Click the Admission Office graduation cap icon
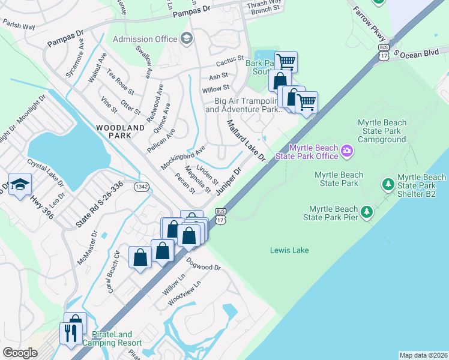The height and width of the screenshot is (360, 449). point(187,39)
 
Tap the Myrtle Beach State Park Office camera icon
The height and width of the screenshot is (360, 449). point(347,150)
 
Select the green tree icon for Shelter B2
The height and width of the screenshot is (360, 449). point(388,183)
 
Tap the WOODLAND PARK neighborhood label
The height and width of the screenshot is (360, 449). point(121,132)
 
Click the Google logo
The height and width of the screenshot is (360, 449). point(20,353)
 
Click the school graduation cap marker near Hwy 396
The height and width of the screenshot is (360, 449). point(20,184)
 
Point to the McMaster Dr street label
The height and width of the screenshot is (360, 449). point(86,249)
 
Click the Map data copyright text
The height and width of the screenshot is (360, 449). point(423,355)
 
